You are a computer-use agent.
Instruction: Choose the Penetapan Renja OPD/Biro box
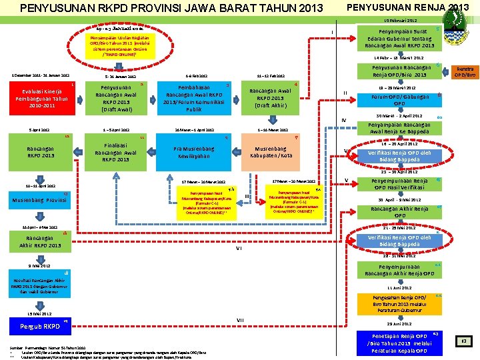click(x=399, y=343)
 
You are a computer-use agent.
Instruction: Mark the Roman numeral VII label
click(x=239, y=320)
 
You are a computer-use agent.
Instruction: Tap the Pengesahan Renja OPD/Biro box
click(x=399, y=303)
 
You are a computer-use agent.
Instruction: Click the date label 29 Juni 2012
click(x=399, y=323)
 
